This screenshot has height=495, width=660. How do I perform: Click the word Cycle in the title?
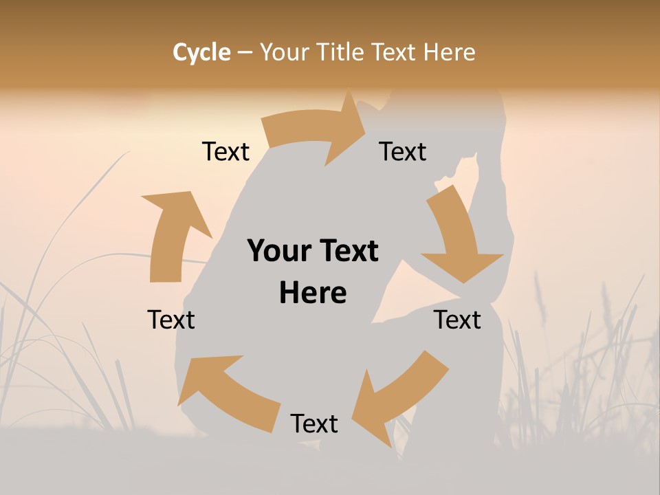coord(201,52)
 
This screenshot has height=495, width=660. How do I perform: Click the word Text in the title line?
coord(395,52)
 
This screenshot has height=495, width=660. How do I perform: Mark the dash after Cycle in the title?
coord(244,53)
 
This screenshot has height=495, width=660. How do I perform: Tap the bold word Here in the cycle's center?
coord(313,293)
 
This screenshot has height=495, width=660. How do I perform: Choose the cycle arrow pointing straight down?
coord(459,237)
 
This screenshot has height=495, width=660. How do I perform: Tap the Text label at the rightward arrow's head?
coord(403,152)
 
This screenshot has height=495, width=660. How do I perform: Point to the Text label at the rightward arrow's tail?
coord(225,152)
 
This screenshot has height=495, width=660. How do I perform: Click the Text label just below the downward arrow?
coord(457,320)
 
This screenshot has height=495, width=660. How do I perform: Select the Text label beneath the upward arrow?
coord(171,320)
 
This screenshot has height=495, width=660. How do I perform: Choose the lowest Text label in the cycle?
coord(314,424)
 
